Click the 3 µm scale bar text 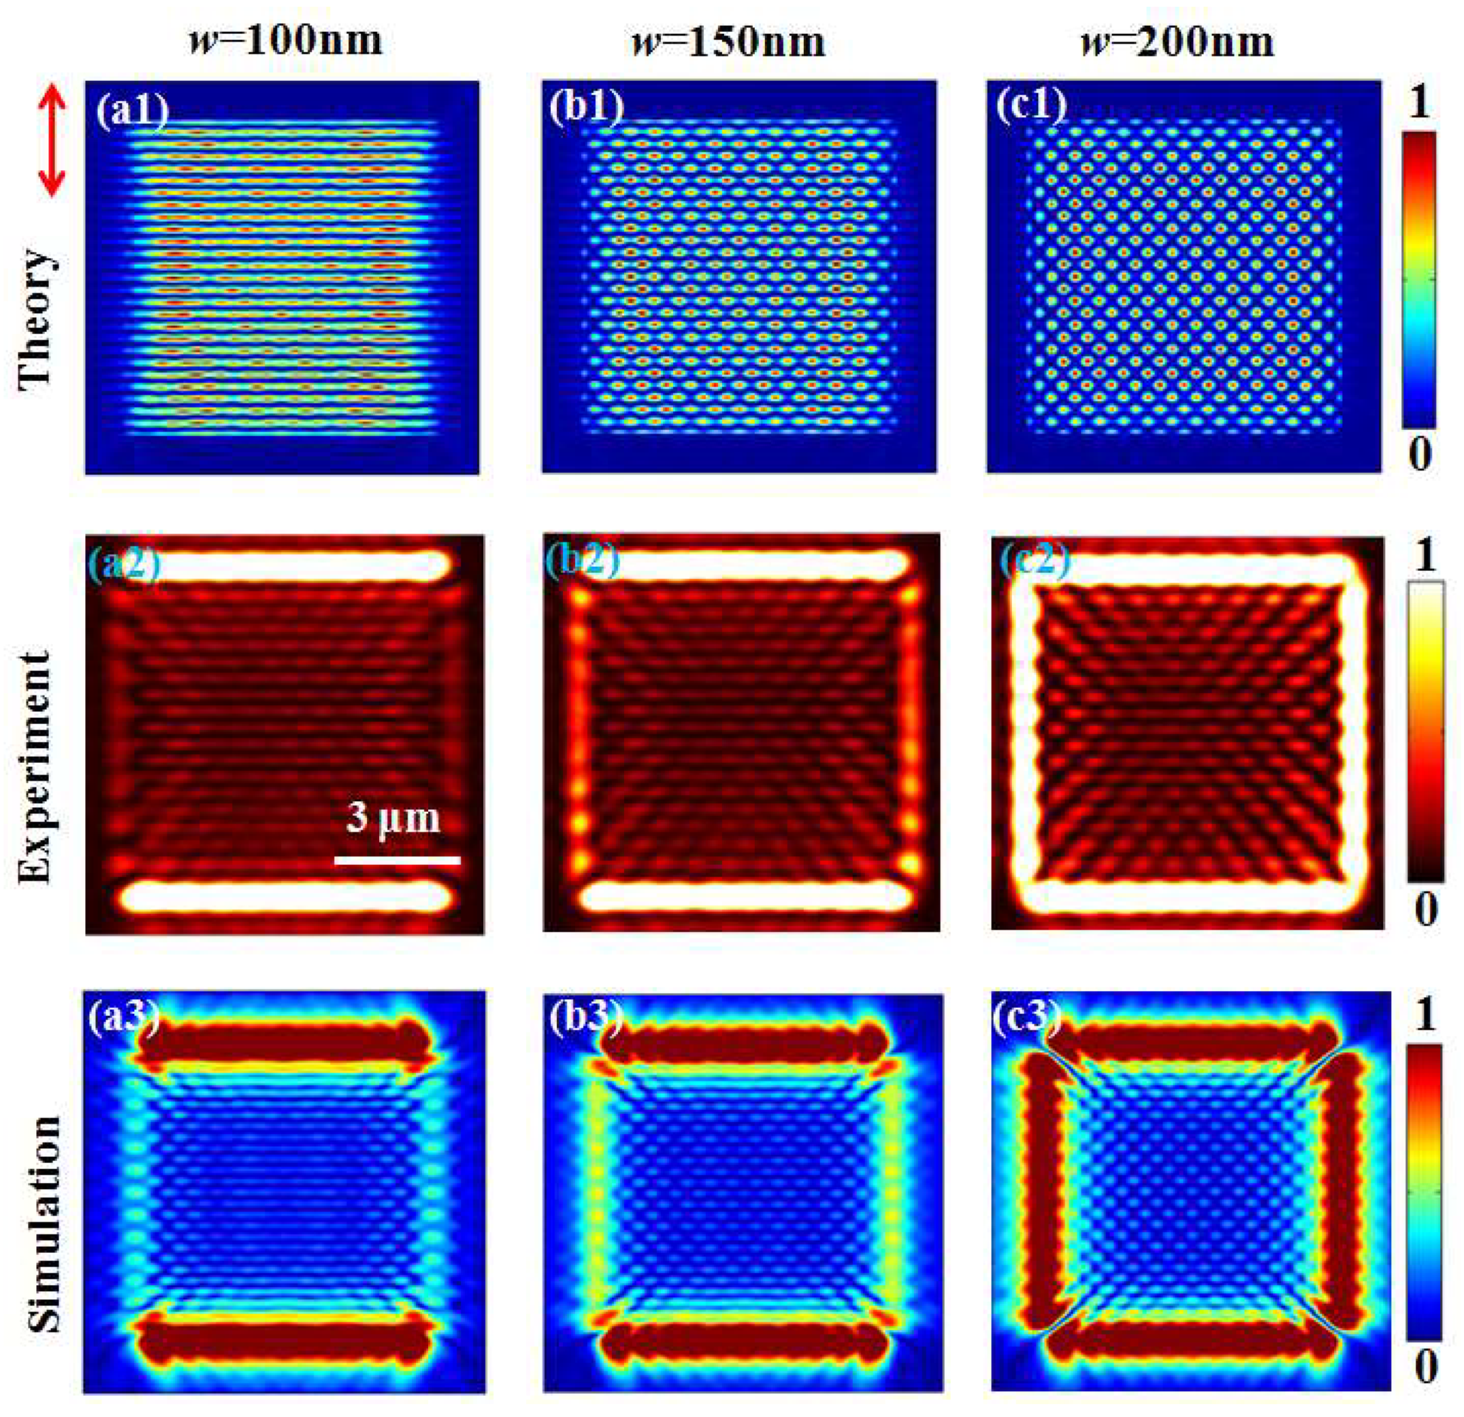click(393, 819)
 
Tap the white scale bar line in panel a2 click(397, 860)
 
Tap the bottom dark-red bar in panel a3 click(284, 1342)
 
